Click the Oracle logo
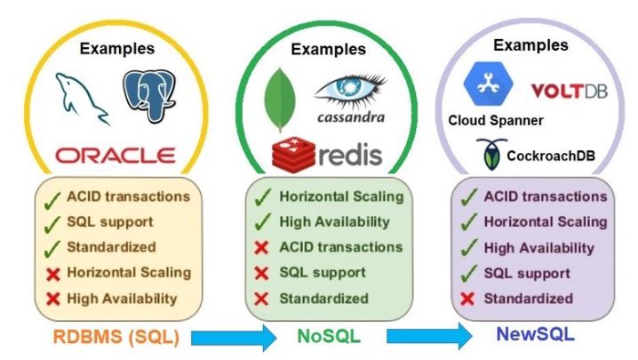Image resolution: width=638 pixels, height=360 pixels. pyautogui.click(x=116, y=156)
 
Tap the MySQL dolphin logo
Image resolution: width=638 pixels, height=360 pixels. pyautogui.click(x=82, y=99)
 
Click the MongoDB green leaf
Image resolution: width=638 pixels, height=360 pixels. pyautogui.click(x=280, y=100)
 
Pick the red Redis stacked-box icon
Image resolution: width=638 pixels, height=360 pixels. pyautogui.click(x=293, y=155)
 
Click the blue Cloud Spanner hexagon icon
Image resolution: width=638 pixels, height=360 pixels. pyautogui.click(x=488, y=84)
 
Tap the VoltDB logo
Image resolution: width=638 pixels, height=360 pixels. pyautogui.click(x=570, y=91)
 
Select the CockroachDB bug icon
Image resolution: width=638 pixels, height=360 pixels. pyautogui.click(x=492, y=154)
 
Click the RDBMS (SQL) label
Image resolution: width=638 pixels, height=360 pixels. pyautogui.click(x=116, y=337)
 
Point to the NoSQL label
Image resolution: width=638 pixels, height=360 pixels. pyautogui.click(x=329, y=336)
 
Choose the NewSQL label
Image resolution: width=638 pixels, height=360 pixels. pyautogui.click(x=536, y=334)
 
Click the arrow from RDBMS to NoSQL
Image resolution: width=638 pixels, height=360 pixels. pyautogui.click(x=234, y=338)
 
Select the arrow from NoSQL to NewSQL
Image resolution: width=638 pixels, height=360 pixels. pyautogui.click(x=429, y=336)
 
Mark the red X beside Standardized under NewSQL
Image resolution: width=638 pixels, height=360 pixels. pyautogui.click(x=467, y=299)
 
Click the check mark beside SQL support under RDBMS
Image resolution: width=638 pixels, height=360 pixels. pyautogui.click(x=52, y=224)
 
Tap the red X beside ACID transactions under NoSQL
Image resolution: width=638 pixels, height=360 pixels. pyautogui.click(x=261, y=248)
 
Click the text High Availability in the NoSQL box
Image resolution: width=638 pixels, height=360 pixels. pyautogui.click(x=334, y=222)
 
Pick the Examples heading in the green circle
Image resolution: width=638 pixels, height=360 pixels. pyautogui.click(x=329, y=50)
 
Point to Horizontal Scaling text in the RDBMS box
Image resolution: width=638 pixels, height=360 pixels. pyautogui.click(x=129, y=272)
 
